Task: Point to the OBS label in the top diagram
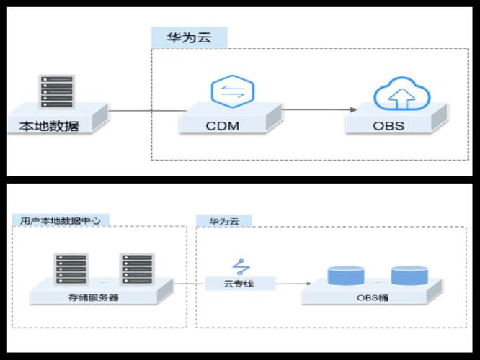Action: coord(388,125)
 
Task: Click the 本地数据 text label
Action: coord(49,127)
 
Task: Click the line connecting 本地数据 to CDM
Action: coord(144,111)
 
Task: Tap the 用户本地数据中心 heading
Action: coord(55,221)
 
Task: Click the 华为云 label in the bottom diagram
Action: coord(223,221)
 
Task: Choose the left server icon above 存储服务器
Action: coord(70,269)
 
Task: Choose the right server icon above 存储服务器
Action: coord(138,269)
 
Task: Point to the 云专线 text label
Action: coord(239,284)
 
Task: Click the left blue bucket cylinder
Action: coord(344,275)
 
